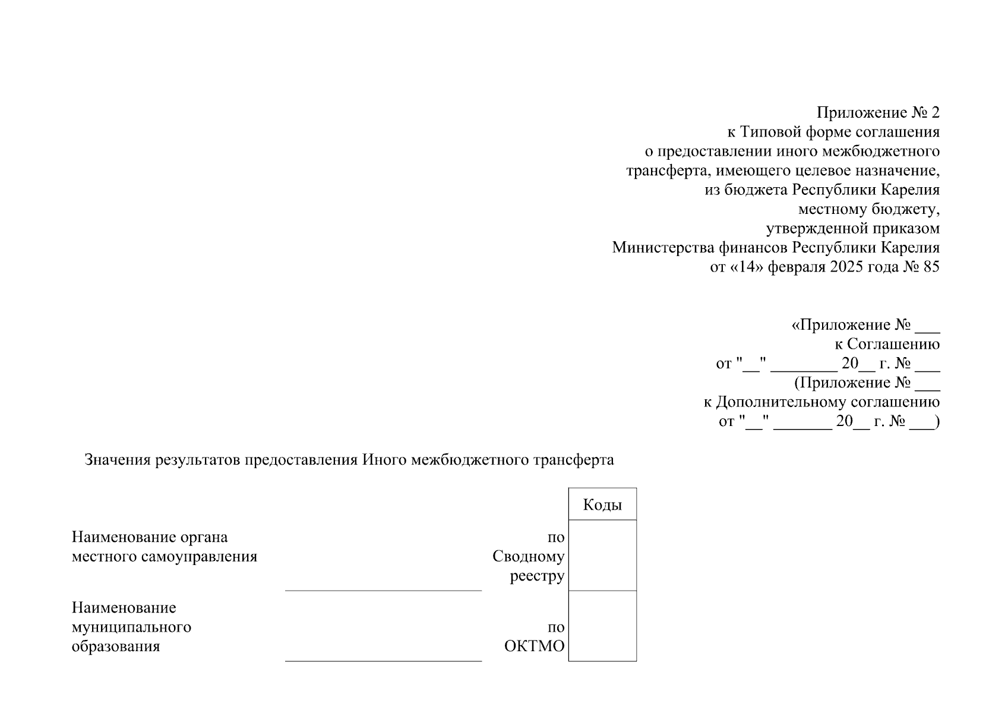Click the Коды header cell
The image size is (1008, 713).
coord(602,504)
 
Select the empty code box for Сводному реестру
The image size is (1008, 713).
coord(602,555)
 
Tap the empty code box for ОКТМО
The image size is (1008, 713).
coord(602,626)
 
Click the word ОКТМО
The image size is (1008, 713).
coord(534,646)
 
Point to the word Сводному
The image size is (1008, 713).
coord(528,557)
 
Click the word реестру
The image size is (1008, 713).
coord(537,576)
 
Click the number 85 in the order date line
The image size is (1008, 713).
coord(931,267)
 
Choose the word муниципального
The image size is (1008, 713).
coord(131,627)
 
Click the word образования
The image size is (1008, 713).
coord(116,646)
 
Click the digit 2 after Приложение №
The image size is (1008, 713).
coord(936,112)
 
